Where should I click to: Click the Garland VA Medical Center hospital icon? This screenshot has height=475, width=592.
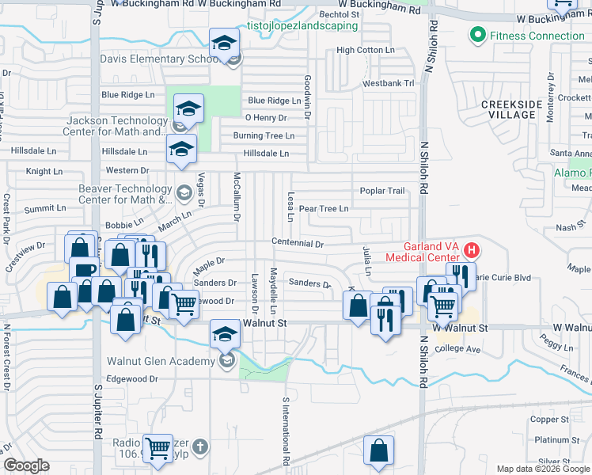point(472,251)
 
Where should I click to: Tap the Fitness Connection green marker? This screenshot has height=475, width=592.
point(477,36)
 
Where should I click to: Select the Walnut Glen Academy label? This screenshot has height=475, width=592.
point(161,362)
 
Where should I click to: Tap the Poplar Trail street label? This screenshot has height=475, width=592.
point(382,191)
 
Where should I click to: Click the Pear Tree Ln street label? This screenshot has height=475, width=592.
point(323,209)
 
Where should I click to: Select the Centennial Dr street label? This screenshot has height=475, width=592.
point(298,244)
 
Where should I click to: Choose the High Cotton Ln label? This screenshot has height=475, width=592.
point(365,50)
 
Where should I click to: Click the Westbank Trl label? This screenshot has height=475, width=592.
point(389,83)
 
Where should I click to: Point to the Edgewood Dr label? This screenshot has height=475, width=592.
point(132,379)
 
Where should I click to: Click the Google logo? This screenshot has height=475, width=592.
point(26,466)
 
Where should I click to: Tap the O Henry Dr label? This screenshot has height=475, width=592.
point(265,118)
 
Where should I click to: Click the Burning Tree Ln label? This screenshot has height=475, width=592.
point(264,135)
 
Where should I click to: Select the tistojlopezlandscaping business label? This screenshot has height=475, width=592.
point(302,25)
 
